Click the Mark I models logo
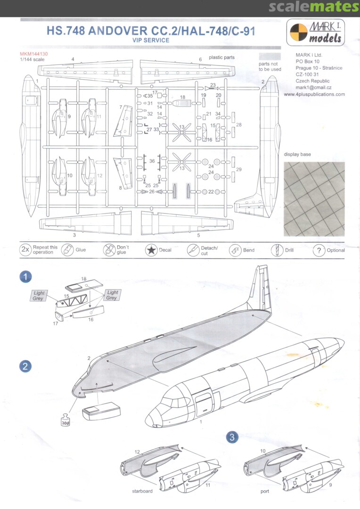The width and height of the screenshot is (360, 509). click(x=316, y=33)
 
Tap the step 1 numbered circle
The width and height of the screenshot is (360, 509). click(x=25, y=277)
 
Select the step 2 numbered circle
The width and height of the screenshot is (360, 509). click(x=25, y=367)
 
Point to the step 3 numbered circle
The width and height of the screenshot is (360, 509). click(x=232, y=437)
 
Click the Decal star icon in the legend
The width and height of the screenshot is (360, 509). click(x=151, y=250)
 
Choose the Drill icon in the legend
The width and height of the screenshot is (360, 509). click(x=277, y=250)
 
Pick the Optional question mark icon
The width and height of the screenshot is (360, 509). click(x=319, y=250)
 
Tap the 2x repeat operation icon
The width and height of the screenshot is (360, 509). click(x=25, y=250)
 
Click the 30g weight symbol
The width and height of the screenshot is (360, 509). click(x=65, y=420)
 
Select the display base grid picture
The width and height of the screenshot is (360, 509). click(x=314, y=199)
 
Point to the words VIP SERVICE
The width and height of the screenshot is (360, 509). click(x=151, y=40)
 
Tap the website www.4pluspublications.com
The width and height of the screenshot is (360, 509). click(x=314, y=94)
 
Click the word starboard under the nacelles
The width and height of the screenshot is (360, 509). click(x=142, y=491)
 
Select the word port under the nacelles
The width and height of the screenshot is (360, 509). click(x=265, y=492)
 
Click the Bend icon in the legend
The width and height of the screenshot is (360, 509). click(x=235, y=250)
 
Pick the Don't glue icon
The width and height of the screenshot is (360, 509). click(x=109, y=250)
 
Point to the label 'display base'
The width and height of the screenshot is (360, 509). click(x=297, y=154)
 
